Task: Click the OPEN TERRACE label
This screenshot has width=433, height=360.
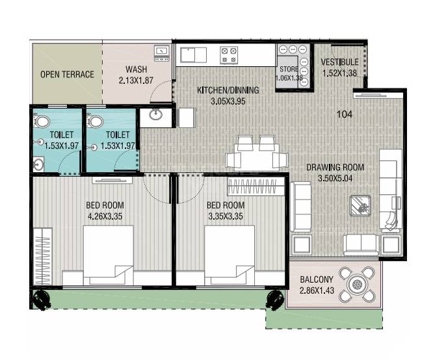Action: click(67, 74)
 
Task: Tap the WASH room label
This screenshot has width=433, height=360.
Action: click(137, 69)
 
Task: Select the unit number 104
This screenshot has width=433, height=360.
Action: click(345, 114)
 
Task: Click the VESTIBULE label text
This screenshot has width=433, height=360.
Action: click(339, 62)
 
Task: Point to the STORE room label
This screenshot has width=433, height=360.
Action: click(289, 69)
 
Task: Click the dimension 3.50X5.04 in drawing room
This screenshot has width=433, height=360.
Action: click(335, 178)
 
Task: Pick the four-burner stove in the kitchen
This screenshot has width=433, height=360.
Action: click(228, 55)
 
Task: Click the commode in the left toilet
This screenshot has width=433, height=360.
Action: click(41, 122)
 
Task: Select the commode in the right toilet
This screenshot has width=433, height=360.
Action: click(94, 122)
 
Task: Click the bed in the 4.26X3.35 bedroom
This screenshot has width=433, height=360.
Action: click(108, 255)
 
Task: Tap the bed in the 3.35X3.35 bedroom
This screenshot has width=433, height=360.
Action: click(230, 255)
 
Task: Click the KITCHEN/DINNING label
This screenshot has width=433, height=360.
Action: click(228, 90)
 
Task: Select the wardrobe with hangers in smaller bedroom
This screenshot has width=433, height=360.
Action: click(256, 188)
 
